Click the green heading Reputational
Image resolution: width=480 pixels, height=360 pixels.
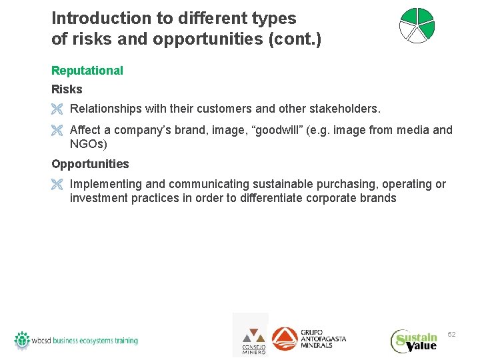tap(87, 71)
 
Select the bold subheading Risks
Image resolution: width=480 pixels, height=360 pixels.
tap(67, 89)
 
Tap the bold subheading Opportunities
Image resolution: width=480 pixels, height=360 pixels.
tap(90, 164)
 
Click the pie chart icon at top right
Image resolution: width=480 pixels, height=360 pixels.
tap(417, 26)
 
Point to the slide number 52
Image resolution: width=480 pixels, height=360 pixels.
tap(451, 334)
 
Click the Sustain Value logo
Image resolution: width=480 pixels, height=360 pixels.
tap(414, 341)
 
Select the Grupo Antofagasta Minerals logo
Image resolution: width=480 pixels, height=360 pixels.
tap(309, 339)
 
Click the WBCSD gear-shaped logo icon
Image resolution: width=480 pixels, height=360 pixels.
tap(22, 340)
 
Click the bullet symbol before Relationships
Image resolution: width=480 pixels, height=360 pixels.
tap(57, 109)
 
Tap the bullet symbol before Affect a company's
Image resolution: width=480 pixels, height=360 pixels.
tap(57, 131)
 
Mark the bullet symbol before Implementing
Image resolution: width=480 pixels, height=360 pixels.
tap(57, 185)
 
